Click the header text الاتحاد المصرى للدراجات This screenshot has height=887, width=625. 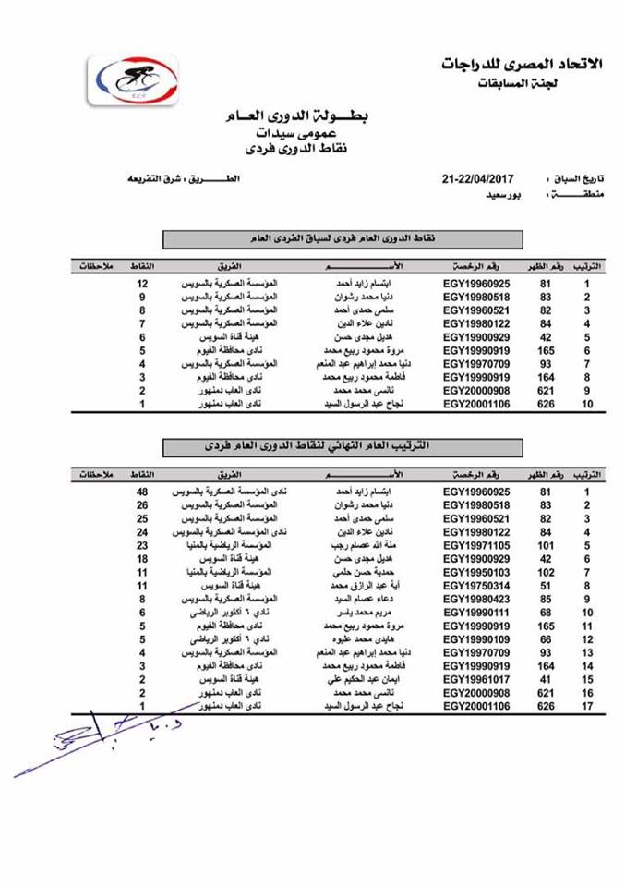(x=522, y=65)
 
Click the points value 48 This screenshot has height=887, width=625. (x=143, y=492)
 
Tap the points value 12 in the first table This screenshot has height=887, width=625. (x=143, y=282)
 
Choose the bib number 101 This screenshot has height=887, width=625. (x=545, y=545)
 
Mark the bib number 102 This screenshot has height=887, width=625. (x=545, y=572)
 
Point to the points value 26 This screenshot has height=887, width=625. (x=143, y=505)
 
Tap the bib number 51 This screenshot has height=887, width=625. (x=545, y=585)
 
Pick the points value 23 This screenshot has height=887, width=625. (x=143, y=545)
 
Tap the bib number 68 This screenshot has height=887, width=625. (x=545, y=612)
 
